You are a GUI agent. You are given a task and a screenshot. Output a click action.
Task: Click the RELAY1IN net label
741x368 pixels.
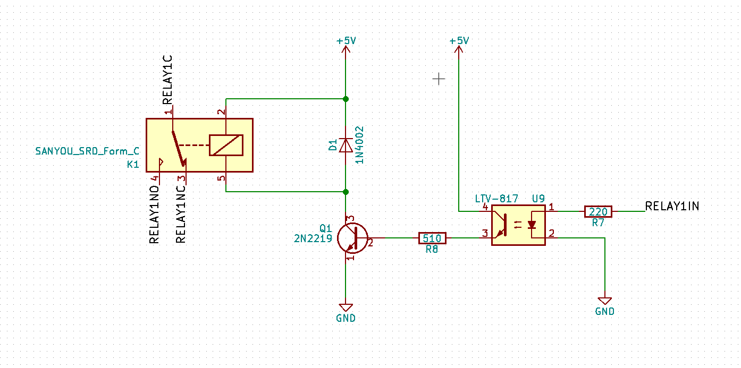tap(672, 207)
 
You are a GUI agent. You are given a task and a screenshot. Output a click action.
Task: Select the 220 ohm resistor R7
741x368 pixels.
tap(598, 211)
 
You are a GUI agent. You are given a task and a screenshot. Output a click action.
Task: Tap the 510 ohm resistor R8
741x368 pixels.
tap(432, 238)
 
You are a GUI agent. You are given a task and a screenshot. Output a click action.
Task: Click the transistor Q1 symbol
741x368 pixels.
tap(352, 238)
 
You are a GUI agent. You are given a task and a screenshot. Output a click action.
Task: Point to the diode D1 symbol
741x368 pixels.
tap(346, 146)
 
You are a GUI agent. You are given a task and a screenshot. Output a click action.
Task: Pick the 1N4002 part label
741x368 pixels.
tap(359, 144)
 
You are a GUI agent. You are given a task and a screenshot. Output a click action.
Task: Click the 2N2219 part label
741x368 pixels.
tap(313, 238)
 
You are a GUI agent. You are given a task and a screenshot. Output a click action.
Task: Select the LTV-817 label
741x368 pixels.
tap(496, 199)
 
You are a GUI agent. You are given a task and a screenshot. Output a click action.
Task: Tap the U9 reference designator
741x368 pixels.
tap(538, 199)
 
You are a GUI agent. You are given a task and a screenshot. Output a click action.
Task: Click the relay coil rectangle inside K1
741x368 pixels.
tap(226, 145)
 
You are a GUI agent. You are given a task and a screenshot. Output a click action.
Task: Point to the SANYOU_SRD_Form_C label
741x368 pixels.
tap(87, 151)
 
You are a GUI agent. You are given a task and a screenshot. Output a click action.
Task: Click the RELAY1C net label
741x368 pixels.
tap(168, 80)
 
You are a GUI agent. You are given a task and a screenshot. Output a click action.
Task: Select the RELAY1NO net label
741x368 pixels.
tap(155, 215)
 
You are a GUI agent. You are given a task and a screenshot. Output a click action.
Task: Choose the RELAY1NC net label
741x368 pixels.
tap(181, 215)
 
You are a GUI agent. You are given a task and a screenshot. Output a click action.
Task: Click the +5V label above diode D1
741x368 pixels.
tap(346, 41)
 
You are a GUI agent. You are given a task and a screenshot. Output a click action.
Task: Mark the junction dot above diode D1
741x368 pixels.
tap(346, 99)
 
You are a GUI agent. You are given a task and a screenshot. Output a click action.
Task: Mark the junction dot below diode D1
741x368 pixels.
tap(346, 192)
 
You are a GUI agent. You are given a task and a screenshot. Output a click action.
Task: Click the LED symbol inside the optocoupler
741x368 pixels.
tap(532, 225)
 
